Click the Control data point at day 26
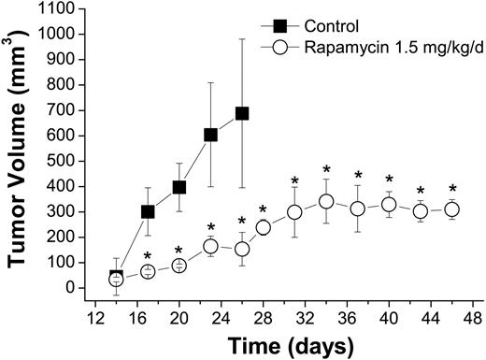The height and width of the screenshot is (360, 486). click(242, 113)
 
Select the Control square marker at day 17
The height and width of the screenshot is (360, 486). click(148, 211)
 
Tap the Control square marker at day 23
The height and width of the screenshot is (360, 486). click(210, 135)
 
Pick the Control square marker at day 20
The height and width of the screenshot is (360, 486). click(179, 187)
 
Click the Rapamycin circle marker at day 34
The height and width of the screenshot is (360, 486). click(326, 201)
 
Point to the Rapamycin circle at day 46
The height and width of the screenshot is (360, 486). click(452, 209)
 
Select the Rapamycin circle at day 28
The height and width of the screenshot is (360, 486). click(264, 227)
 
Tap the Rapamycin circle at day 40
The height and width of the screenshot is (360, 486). click(390, 205)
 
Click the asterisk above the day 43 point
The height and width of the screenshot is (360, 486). click(421, 192)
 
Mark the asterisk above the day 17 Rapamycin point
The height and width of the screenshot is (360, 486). click(148, 256)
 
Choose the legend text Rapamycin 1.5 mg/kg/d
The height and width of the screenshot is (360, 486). click(391, 45)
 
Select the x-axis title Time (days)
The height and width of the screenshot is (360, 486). click(281, 345)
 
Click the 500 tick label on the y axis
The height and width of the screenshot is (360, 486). click(64, 161)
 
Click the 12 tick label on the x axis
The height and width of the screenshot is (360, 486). click(94, 316)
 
